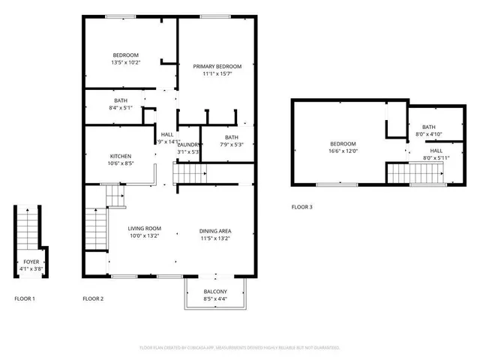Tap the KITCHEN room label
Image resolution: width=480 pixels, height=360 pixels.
(x=121, y=156)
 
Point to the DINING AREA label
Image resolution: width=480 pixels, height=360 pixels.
(x=215, y=231)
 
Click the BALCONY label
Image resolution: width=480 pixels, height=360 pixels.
(x=215, y=291)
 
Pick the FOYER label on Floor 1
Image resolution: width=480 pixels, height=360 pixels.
(x=31, y=262)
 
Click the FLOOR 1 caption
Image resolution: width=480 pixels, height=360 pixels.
(x=25, y=299)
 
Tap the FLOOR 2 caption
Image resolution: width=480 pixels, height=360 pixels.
(x=93, y=299)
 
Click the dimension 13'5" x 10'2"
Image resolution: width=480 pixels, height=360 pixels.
(x=125, y=63)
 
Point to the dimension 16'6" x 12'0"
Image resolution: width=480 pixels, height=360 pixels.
(x=343, y=151)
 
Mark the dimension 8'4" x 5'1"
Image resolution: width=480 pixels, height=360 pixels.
(x=121, y=108)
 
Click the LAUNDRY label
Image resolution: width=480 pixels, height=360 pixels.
(x=188, y=145)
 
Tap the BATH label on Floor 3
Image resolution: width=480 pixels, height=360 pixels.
(x=429, y=127)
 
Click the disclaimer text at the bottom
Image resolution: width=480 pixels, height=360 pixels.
(x=240, y=348)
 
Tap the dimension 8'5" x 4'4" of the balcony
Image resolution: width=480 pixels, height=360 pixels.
(x=215, y=298)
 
